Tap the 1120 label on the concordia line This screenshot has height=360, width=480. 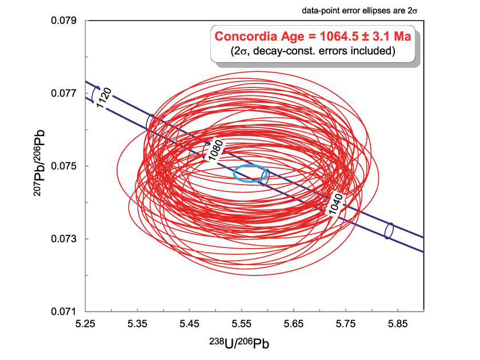tap(105, 99)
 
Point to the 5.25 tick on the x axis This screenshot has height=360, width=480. tap(85, 324)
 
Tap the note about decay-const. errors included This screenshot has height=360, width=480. tap(314, 51)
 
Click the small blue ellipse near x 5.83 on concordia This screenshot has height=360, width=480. tap(389, 230)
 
